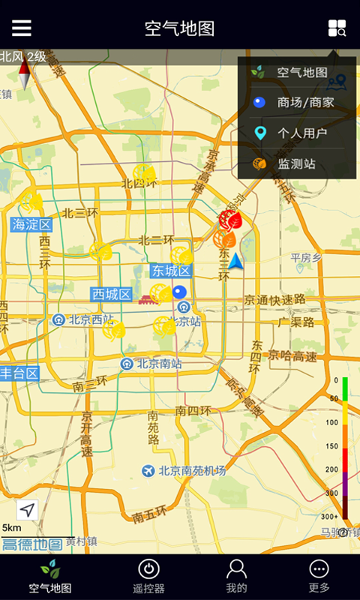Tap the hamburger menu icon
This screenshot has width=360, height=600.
22,28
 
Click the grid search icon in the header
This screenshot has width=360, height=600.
337,28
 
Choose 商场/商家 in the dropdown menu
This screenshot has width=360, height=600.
294,103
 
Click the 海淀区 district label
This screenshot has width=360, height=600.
31,224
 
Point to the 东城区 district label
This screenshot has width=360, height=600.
171,271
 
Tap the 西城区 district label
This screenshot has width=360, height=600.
112,295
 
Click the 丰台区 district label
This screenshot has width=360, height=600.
19,373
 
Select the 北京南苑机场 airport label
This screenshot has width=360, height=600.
184,471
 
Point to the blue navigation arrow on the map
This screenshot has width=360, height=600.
236,261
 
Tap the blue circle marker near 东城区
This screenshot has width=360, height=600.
179,292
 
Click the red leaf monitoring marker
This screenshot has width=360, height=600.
229,220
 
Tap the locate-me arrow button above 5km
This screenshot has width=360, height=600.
27,510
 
